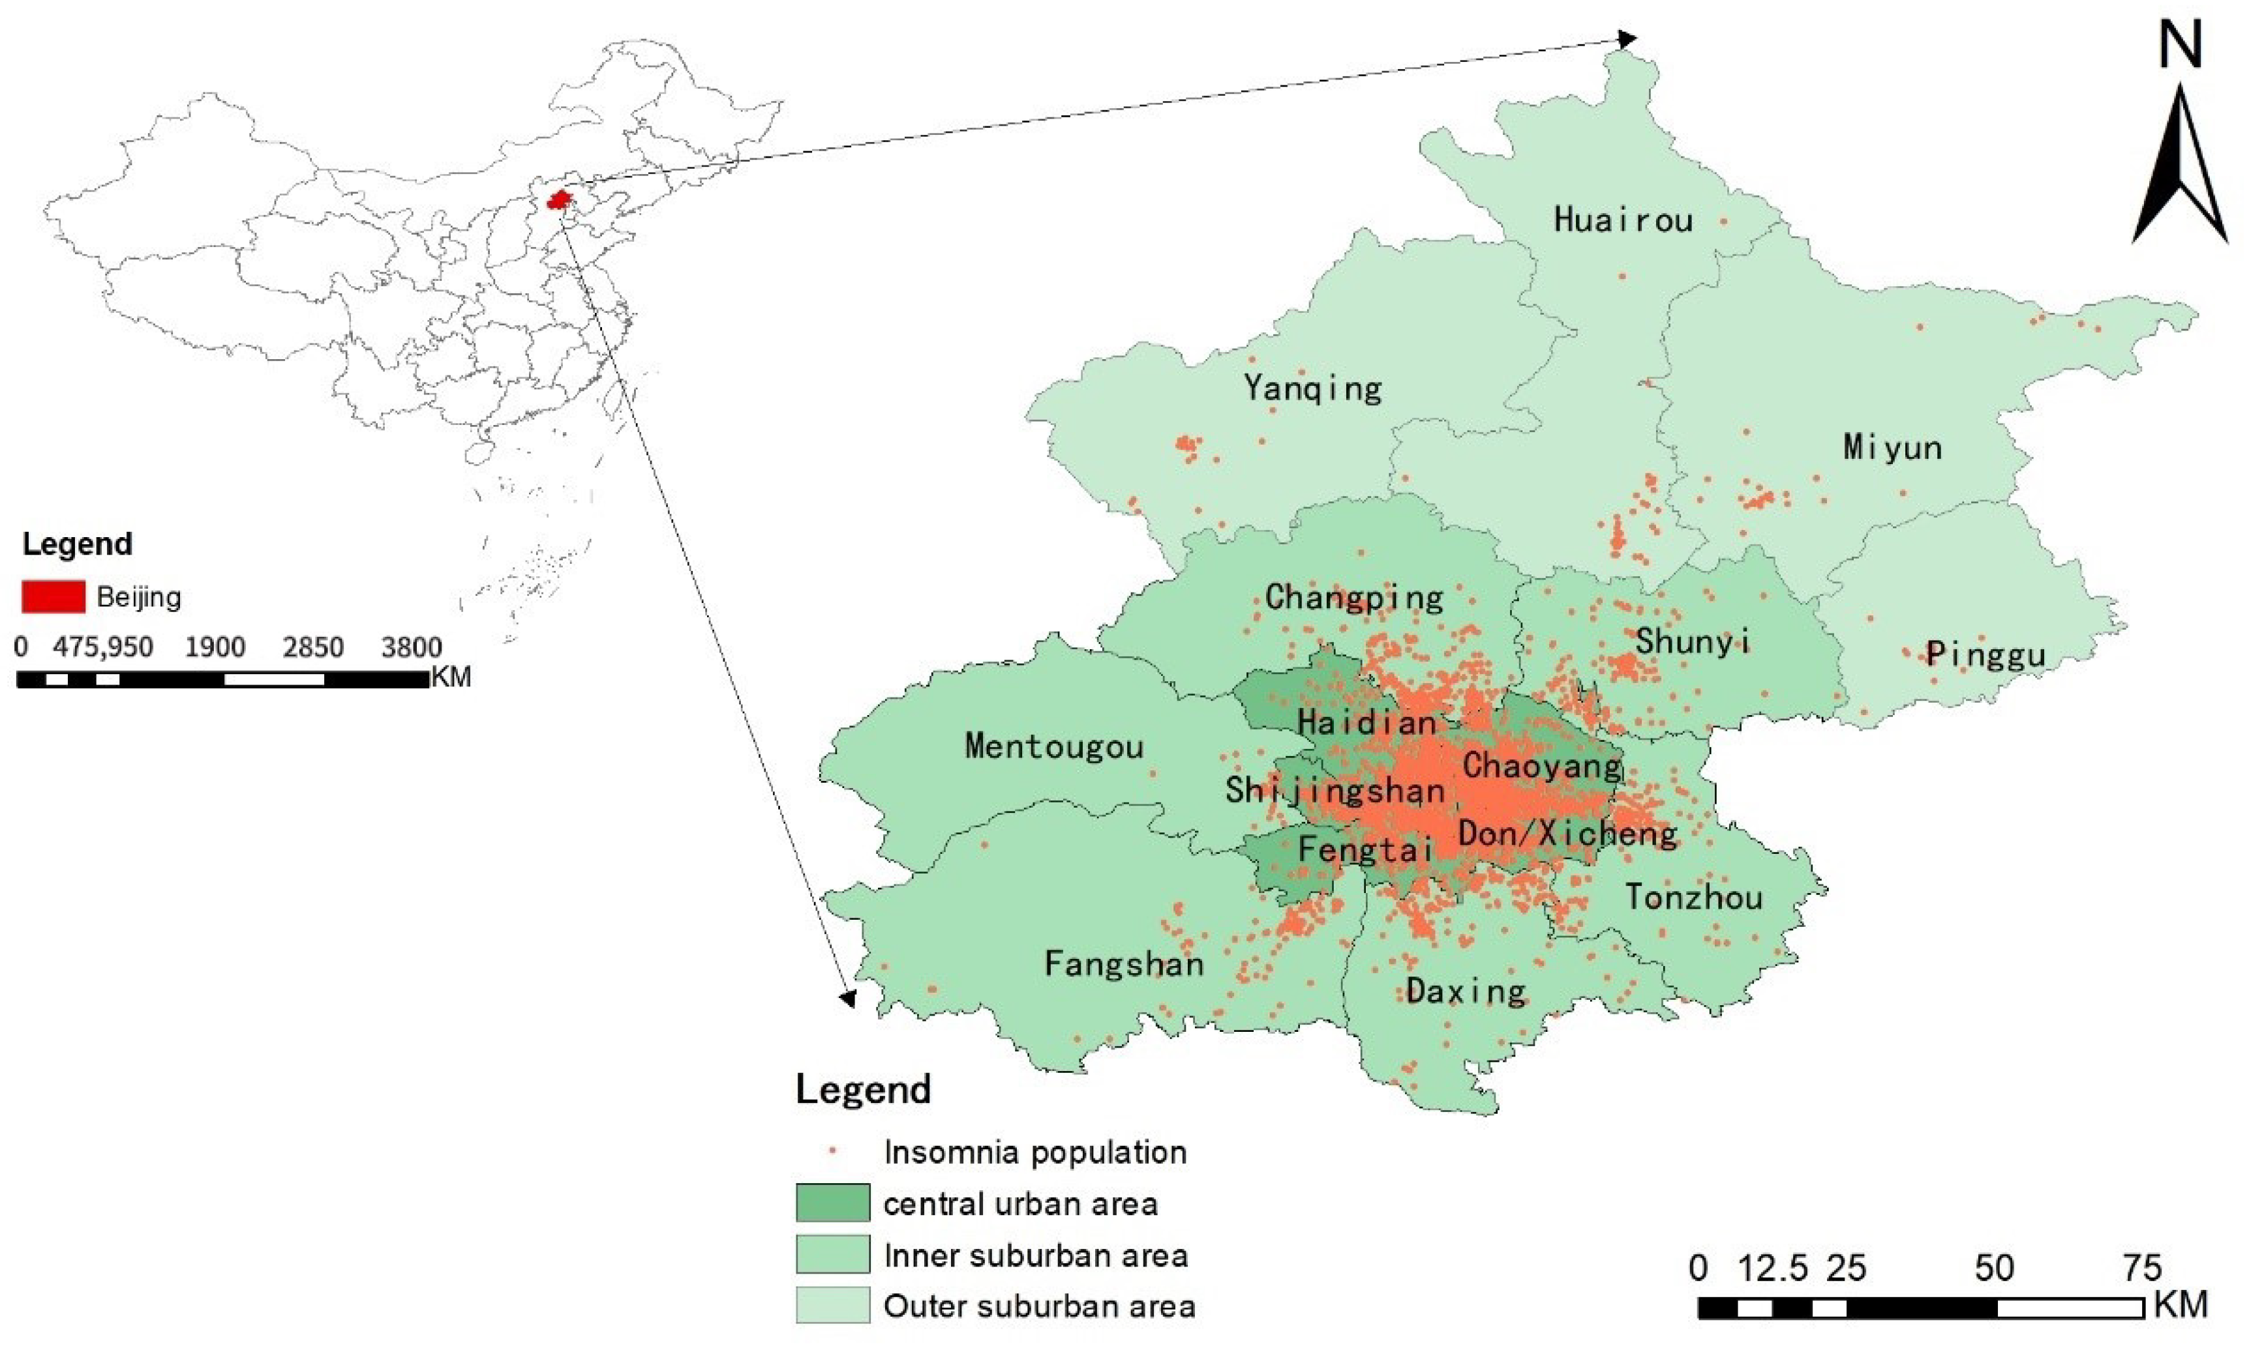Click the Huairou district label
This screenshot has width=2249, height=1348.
click(x=1623, y=220)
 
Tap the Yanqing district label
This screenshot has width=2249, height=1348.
click(x=1312, y=388)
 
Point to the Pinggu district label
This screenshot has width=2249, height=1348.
click(x=1985, y=654)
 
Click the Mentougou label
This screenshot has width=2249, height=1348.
click(x=1054, y=746)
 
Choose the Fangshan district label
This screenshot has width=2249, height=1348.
click(x=1124, y=963)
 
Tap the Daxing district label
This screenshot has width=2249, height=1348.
click(x=1466, y=991)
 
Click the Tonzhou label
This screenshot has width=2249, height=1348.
click(x=1694, y=898)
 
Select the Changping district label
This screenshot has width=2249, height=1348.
click(x=1354, y=598)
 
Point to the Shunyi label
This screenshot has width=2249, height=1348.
click(x=1693, y=641)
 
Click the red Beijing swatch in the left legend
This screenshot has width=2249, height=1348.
click(x=53, y=597)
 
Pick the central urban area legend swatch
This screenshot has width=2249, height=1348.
click(x=832, y=1203)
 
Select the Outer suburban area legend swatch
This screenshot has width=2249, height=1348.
click(x=832, y=1306)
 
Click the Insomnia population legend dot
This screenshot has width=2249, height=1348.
click(x=832, y=1152)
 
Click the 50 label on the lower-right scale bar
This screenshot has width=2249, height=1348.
click(x=1994, y=1268)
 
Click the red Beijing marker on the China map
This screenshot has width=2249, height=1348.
click(x=559, y=199)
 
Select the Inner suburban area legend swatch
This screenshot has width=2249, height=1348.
click(x=832, y=1254)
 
